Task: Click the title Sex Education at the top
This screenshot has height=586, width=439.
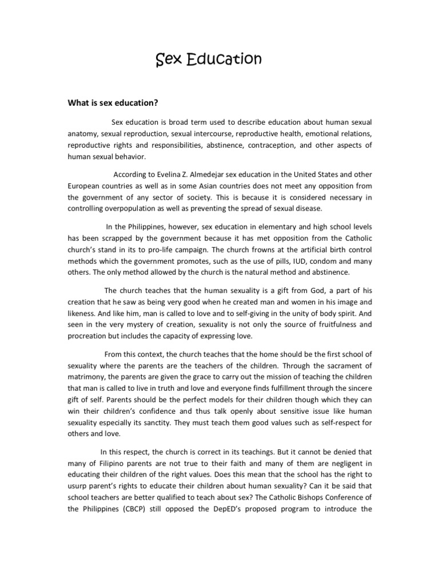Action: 209,60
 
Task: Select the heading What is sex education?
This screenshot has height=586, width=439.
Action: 113,103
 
